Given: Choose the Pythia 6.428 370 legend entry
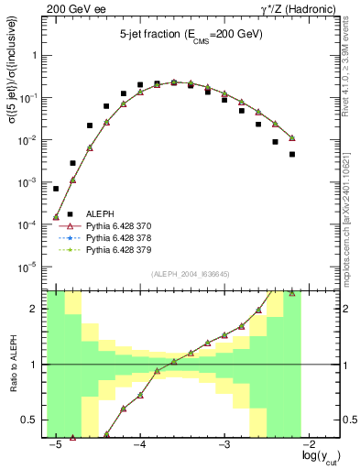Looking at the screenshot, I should tap(119, 224).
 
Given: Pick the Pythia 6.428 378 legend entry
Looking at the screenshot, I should tap(119, 236).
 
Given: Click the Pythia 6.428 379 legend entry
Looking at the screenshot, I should tap(119, 248).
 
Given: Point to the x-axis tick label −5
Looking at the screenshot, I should tap(55, 446).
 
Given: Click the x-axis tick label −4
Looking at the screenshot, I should tap(139, 446).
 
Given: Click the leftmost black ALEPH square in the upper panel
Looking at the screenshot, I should tap(56, 188).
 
